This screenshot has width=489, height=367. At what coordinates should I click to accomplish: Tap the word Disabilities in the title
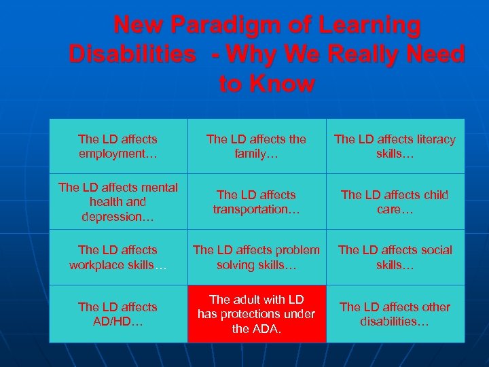132,54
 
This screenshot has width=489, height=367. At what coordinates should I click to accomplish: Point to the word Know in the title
284,84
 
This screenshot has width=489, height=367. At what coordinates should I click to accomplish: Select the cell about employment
117,146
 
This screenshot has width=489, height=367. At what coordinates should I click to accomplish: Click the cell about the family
256,146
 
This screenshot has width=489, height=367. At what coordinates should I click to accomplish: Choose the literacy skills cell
395,146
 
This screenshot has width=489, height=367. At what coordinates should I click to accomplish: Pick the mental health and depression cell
117,201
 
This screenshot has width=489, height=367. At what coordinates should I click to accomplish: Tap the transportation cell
256,202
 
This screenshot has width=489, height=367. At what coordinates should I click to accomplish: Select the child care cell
395,202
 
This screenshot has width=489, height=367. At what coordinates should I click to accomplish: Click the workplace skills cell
117,257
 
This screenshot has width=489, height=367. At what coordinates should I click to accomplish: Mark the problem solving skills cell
256,257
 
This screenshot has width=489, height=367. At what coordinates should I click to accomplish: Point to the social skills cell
395,257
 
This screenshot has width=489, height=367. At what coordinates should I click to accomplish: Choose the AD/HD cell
117,313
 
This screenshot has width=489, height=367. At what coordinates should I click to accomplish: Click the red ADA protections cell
256,313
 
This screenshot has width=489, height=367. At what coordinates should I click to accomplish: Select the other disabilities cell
395,313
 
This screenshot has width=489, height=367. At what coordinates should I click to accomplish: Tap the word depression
117,216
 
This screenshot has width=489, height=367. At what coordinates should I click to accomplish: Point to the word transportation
256,209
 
